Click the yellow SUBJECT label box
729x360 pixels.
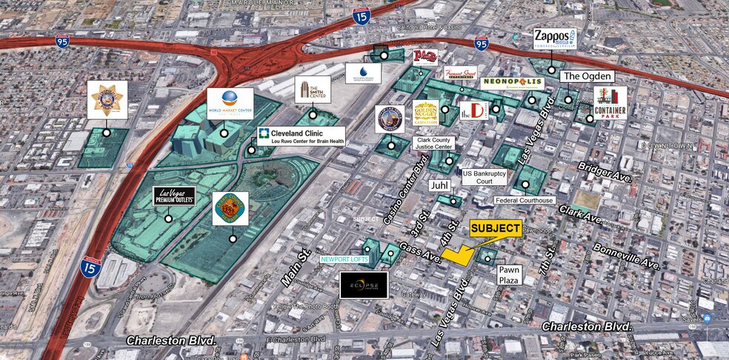[496, 229]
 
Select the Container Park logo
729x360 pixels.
[610, 103]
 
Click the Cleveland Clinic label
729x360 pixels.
[299, 136]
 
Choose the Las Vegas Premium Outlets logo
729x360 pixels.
[174, 199]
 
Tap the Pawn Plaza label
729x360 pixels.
[509, 275]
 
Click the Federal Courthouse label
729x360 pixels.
[525, 200]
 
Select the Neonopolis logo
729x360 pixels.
[512, 83]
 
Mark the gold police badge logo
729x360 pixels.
[107, 100]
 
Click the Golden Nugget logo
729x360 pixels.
[425, 113]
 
